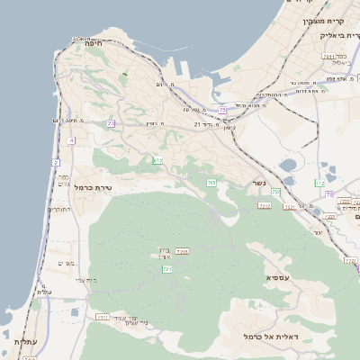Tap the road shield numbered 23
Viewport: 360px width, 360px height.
(x=111, y=123)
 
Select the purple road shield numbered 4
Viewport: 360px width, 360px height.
(x=71, y=140)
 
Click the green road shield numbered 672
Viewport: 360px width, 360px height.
(x=157, y=160)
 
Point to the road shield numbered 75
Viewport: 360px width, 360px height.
(x=222, y=110)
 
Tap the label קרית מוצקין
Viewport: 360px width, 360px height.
(x=326, y=20)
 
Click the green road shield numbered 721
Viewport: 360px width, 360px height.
(x=167, y=268)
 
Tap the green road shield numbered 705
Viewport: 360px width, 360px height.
(x=211, y=183)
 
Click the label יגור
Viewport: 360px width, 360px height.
(x=318, y=233)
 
